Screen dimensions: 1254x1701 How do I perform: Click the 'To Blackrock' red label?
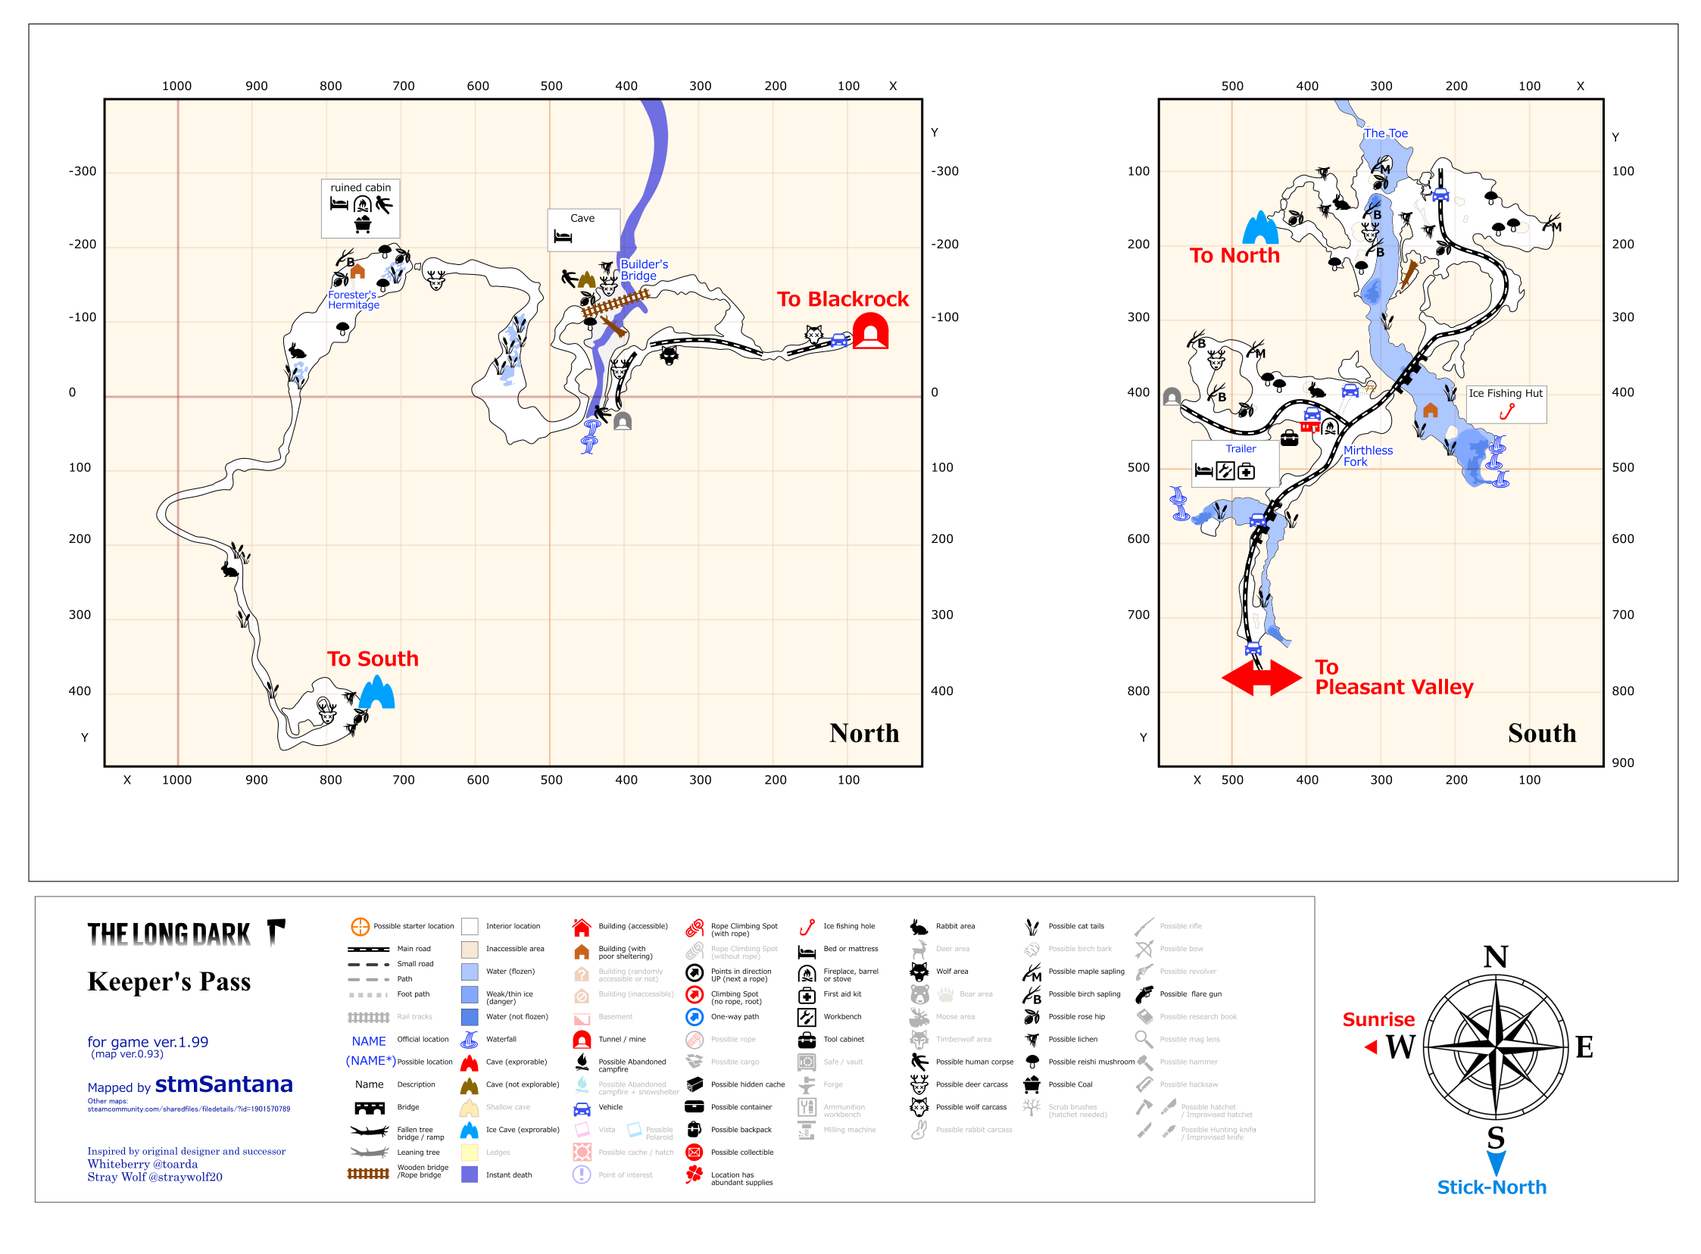pos(841,299)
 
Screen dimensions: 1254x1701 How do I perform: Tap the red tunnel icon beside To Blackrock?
pos(870,332)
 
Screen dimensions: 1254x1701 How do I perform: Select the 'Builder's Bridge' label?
pos(644,270)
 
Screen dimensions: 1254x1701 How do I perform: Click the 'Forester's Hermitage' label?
pos(353,300)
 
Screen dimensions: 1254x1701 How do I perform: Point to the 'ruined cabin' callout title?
pos(360,188)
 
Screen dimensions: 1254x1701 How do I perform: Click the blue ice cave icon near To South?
pos(377,692)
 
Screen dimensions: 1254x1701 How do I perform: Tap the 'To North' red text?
pos(1234,255)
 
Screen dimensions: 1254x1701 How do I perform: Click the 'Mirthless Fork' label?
pos(1367,455)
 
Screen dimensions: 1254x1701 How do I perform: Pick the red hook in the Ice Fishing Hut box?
pos(1506,411)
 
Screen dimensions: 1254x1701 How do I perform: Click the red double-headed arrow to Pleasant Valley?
pos(1261,677)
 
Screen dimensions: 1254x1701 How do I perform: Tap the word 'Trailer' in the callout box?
pos(1240,448)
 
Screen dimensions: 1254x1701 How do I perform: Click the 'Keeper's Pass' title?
pos(168,981)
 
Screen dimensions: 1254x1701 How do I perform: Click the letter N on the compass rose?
pos(1494,956)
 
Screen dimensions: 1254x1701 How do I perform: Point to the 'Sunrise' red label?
pos(1378,1019)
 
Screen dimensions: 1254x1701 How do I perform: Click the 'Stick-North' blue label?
pos(1490,1187)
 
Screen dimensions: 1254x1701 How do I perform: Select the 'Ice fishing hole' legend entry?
pos(848,926)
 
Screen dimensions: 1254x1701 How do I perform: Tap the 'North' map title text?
pos(864,733)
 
